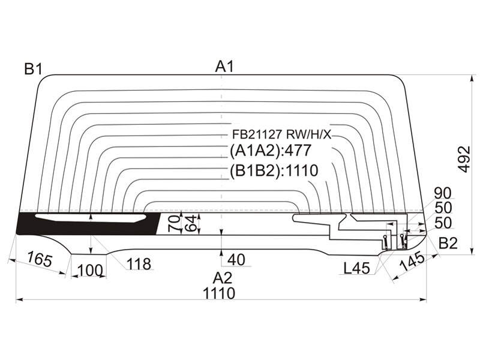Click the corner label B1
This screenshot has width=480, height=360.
tap(34, 70)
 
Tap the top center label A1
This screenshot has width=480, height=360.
tap(224, 67)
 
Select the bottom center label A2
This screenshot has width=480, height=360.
tap(223, 278)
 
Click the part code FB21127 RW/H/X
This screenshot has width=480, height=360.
tap(282, 134)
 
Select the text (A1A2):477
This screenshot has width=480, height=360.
tap(271, 151)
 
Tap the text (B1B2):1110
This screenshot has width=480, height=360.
tap(274, 170)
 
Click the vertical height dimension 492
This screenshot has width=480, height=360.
tap(465, 159)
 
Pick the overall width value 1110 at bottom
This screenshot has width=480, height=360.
tap(219, 293)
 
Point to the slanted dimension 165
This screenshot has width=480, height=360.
tap(39, 259)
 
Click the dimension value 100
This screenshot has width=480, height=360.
tap(89, 271)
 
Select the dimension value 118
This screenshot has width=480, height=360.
tap(139, 264)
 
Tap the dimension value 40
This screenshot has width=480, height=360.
tap(236, 260)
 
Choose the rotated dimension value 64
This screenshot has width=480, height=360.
tap(191, 223)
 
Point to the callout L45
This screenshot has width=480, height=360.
tap(356, 268)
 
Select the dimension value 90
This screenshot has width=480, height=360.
tap(443, 193)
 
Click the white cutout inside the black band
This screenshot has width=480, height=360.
tap(91, 218)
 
